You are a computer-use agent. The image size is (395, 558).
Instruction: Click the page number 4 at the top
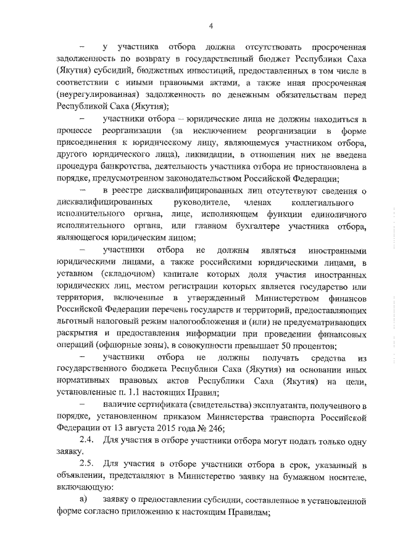coord(210,26)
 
